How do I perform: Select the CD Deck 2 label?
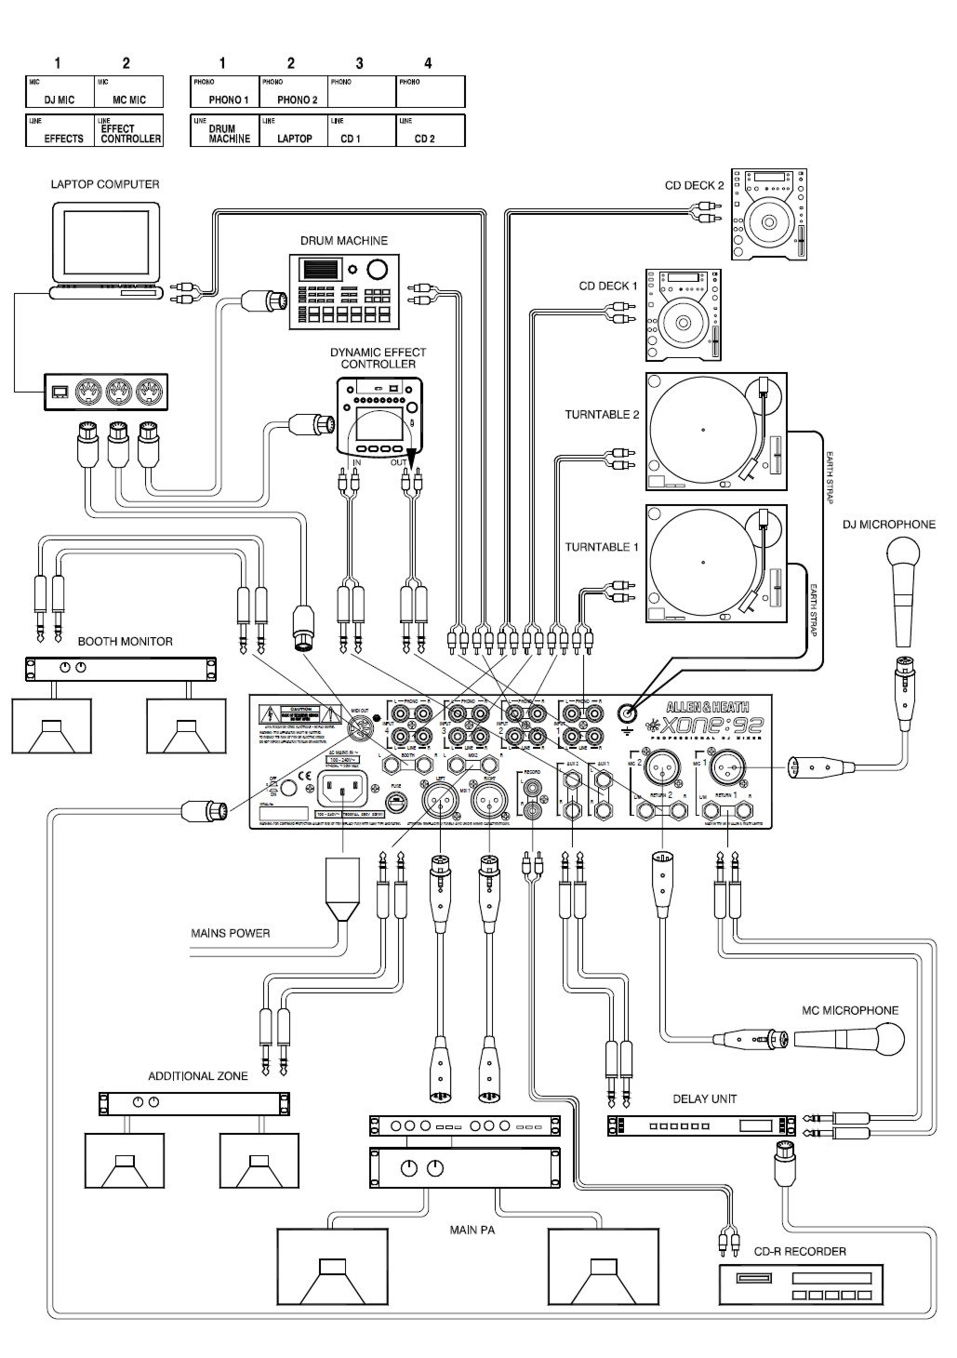coord(694,186)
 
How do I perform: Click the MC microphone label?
coord(850,1010)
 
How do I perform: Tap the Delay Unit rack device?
coord(703,1125)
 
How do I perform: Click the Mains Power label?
coord(231,933)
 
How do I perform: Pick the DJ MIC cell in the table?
coord(59,100)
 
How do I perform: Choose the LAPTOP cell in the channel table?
coord(292,139)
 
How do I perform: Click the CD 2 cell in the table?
coord(425,139)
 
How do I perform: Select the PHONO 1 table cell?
coord(228,100)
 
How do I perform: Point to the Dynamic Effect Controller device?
coord(379,417)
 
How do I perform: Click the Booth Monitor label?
coord(125,642)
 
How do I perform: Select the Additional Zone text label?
coord(198,1076)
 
